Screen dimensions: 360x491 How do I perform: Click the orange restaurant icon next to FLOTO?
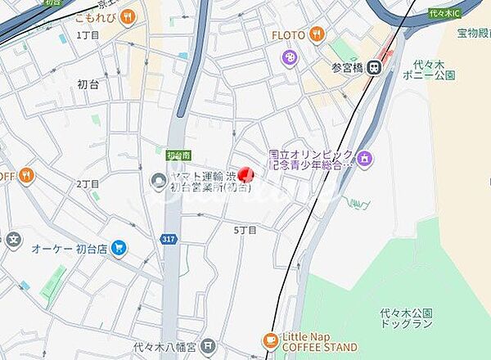pyautogui.click(x=318, y=35)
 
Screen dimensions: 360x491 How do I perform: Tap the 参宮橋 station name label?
pyautogui.click(x=346, y=67)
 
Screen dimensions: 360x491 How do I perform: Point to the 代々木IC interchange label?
pyautogui.click(x=445, y=13)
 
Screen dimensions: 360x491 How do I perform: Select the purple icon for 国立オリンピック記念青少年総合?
pyautogui.click(x=364, y=157)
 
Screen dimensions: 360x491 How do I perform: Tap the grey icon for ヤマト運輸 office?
pyautogui.click(x=159, y=180)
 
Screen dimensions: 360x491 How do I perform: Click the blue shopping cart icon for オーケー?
pyautogui.click(x=119, y=246)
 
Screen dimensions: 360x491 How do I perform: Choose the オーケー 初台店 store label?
pyautogui.click(x=70, y=247)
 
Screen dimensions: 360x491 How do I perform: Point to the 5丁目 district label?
pyautogui.click(x=245, y=230)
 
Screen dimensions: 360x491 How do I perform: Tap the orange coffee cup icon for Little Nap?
pyautogui.click(x=271, y=340)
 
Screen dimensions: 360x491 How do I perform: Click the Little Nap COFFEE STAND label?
pyautogui.click(x=319, y=342)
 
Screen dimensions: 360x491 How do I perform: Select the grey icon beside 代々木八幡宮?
pyautogui.click(x=209, y=347)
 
